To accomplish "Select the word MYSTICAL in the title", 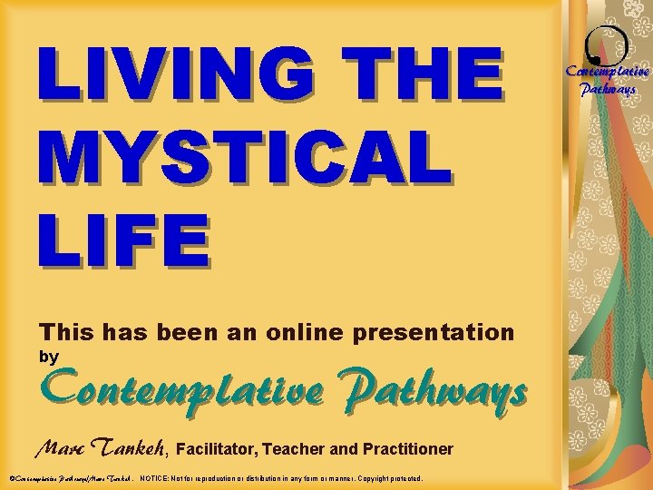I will (x=243, y=154).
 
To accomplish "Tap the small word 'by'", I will (x=48, y=358).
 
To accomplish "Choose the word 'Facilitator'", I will (x=217, y=449).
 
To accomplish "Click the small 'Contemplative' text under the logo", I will (x=608, y=71).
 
